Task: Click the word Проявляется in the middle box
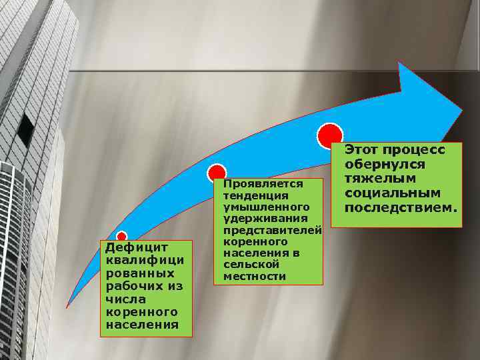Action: [x=263, y=184]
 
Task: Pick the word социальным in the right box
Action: [x=393, y=193]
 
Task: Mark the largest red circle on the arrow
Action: [x=330, y=136]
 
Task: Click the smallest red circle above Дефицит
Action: [x=122, y=237]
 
